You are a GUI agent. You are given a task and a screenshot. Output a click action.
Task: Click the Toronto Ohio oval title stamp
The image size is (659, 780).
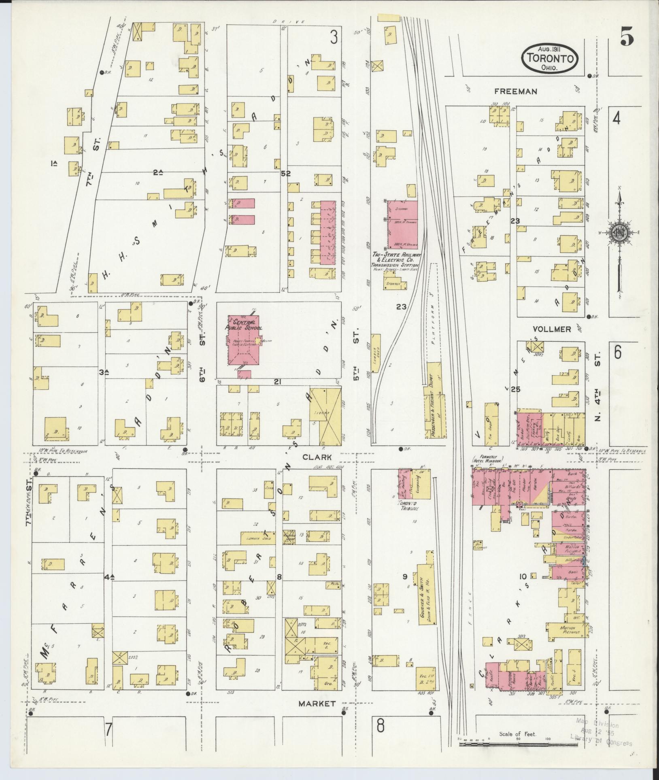pyautogui.click(x=549, y=57)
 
